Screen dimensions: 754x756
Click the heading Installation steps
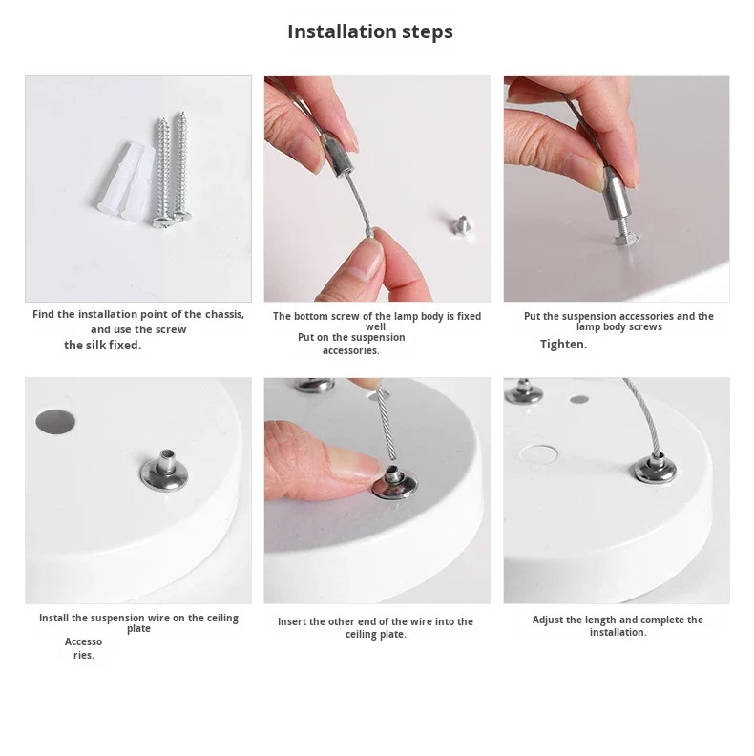coord(370,31)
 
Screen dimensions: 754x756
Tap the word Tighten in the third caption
coord(562,345)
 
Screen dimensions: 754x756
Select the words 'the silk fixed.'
coord(103,346)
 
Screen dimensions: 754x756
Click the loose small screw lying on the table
coord(461,225)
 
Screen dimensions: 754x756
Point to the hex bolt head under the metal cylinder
coord(626,240)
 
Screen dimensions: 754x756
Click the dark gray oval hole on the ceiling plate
coord(55,422)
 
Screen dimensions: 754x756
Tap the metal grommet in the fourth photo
coord(164,470)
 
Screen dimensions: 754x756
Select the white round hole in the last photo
coord(539,454)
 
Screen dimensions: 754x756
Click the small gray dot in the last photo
coord(579,399)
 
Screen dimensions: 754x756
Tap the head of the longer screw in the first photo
coord(162,222)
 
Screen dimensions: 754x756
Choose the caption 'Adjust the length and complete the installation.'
coord(618,626)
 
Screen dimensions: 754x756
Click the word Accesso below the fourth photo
coord(83,641)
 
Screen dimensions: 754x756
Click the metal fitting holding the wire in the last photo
coord(655,468)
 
